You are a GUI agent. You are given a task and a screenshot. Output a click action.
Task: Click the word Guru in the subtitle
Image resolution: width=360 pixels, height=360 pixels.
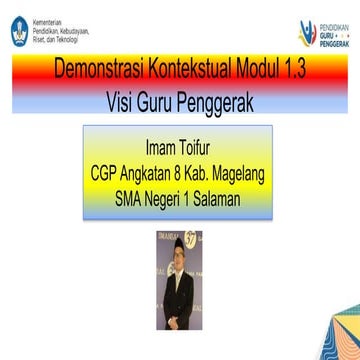point(163,101)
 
